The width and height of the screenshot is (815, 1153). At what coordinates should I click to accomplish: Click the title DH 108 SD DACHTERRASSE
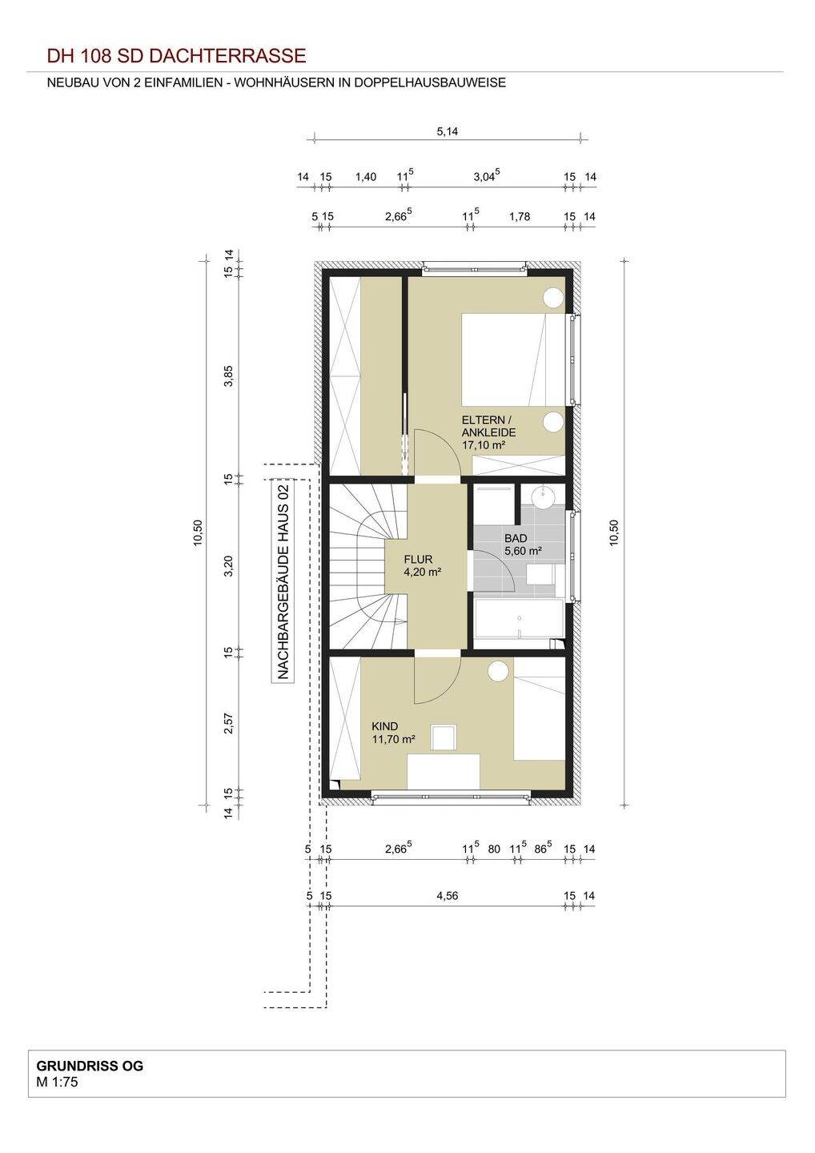176,55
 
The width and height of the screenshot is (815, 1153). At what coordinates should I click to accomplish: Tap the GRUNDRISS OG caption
90,1066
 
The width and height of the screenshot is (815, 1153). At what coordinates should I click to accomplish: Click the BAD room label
516,538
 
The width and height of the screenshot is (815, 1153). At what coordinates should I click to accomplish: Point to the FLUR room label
418,559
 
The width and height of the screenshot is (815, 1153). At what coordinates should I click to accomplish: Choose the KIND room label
385,726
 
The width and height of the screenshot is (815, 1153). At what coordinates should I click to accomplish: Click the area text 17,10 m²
484,445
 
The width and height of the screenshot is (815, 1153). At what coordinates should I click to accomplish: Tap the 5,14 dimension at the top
447,131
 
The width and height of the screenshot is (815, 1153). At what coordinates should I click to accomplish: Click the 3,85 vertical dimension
228,376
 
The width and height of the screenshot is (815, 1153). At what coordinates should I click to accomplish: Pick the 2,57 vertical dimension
228,723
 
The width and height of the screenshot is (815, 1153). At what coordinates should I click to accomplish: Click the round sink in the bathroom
543,496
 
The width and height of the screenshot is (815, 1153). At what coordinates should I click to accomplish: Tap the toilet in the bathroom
540,574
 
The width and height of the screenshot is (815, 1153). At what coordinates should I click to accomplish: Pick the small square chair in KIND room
444,737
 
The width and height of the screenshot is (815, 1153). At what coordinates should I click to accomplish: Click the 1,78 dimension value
519,216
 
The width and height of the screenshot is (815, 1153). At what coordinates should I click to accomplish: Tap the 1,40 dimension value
366,176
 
